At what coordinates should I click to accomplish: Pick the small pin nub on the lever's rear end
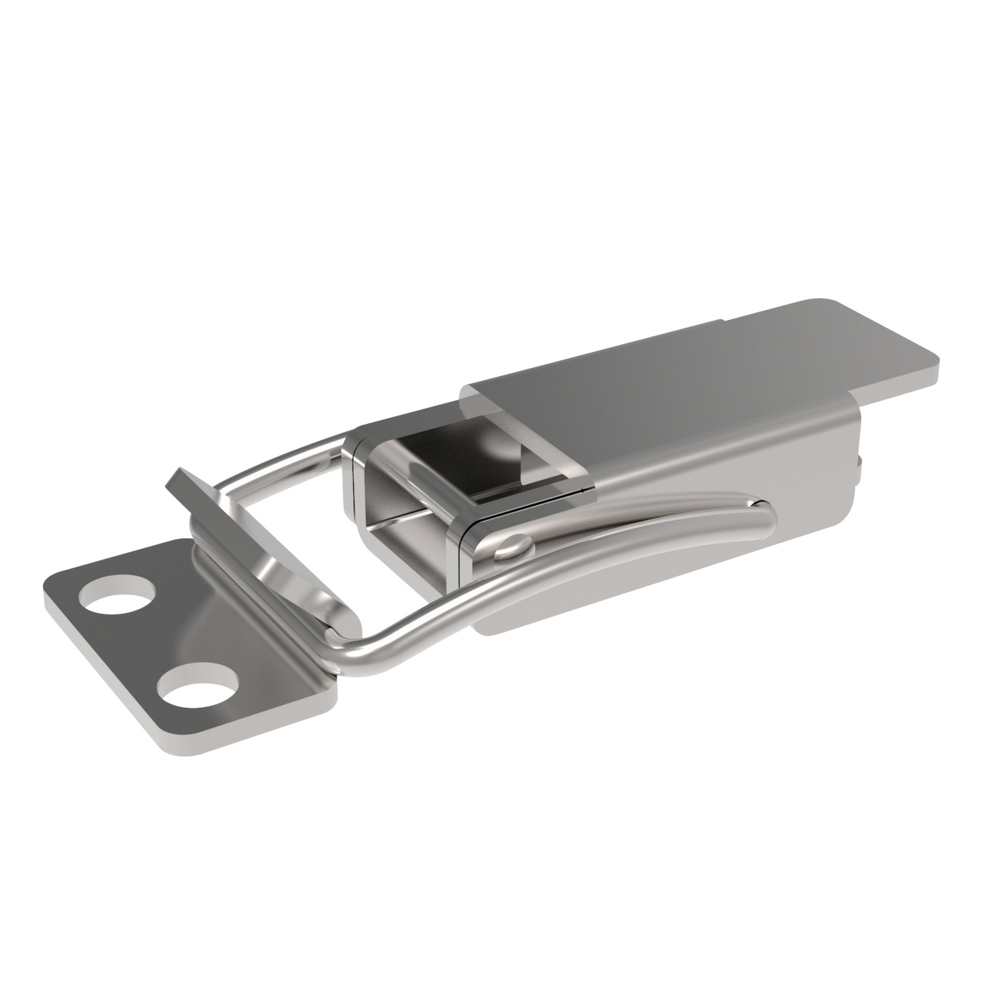point(860,466)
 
